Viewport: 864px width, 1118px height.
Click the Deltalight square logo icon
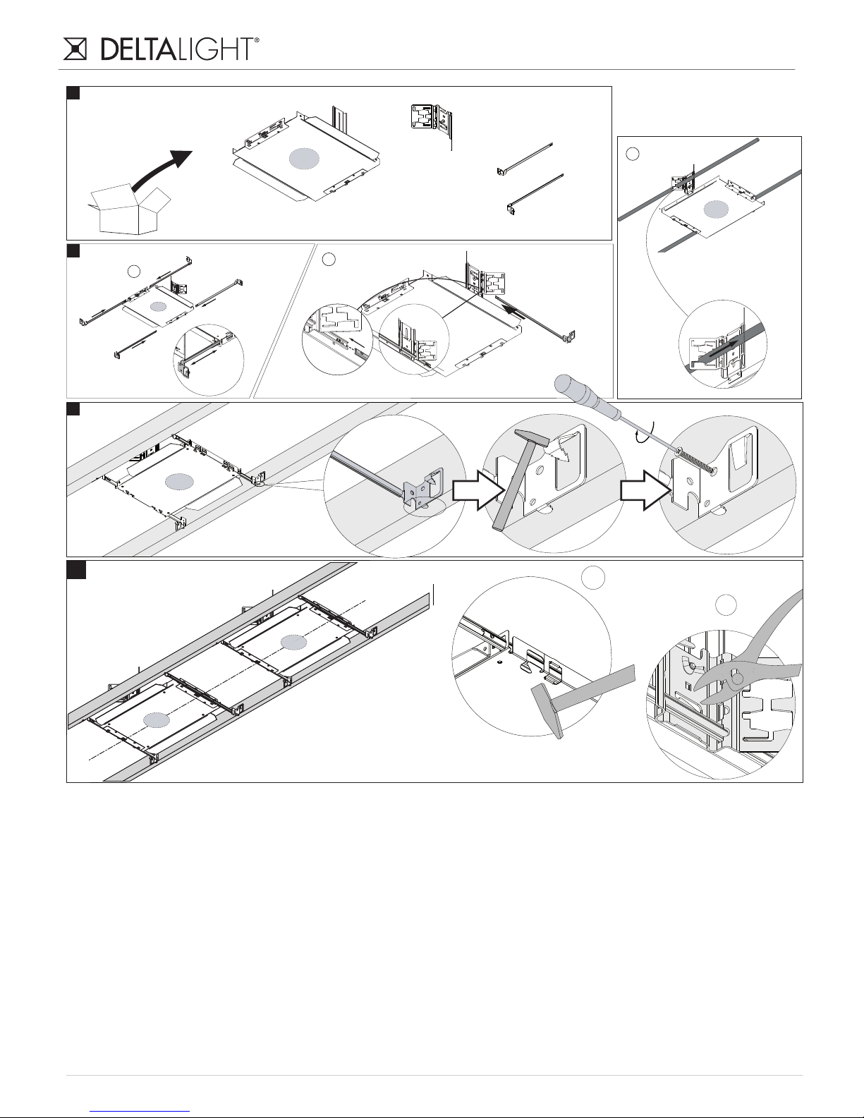pyautogui.click(x=75, y=49)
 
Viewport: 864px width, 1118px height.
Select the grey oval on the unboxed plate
pyautogui.click(x=305, y=158)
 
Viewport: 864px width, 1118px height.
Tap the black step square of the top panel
pyautogui.click(x=73, y=92)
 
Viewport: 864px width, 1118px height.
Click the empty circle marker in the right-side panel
pyautogui.click(x=633, y=153)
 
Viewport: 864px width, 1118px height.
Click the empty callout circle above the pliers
pyautogui.click(x=726, y=604)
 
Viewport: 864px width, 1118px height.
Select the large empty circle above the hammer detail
pyautogui.click(x=593, y=578)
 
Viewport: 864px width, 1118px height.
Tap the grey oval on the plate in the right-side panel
pyautogui.click(x=716, y=209)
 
